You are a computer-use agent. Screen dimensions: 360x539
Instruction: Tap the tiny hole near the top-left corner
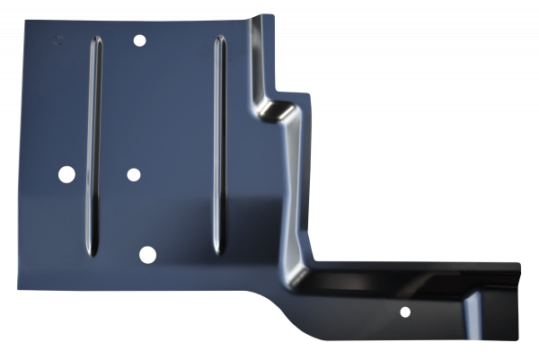click(59, 40)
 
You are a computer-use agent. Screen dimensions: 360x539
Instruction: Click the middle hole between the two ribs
click(133, 174)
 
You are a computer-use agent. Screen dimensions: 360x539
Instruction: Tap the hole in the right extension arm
click(405, 312)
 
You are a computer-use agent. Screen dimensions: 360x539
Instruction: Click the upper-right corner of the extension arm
click(520, 264)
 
